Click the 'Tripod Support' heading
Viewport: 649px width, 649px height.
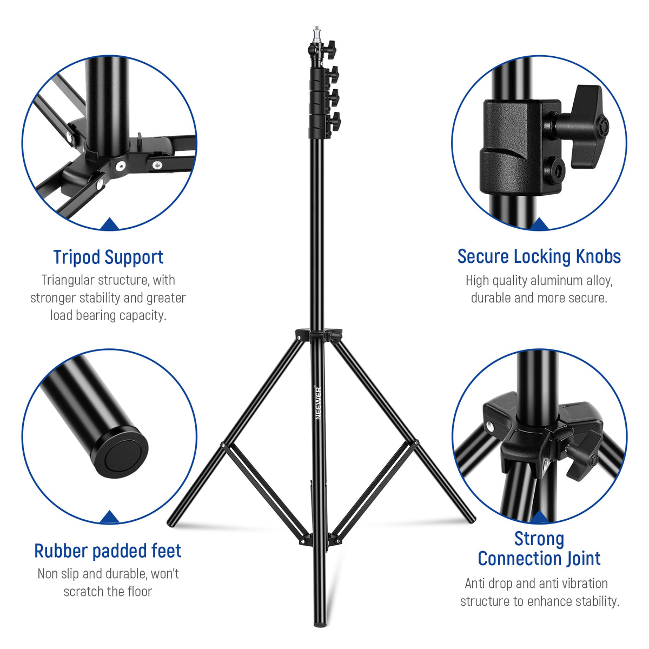(x=108, y=257)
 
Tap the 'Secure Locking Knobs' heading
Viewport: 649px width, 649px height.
(x=539, y=256)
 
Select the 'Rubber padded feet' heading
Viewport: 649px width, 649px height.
(x=108, y=551)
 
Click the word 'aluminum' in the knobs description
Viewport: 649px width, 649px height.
(x=556, y=281)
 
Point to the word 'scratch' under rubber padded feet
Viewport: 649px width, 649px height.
(x=84, y=591)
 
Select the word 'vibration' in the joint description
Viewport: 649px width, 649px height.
(x=580, y=583)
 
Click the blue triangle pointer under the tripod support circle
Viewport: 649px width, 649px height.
(x=110, y=224)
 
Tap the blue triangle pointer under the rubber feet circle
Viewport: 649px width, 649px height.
(x=110, y=517)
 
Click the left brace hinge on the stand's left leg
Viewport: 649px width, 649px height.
(x=222, y=445)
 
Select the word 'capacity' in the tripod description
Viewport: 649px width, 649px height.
(x=142, y=315)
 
